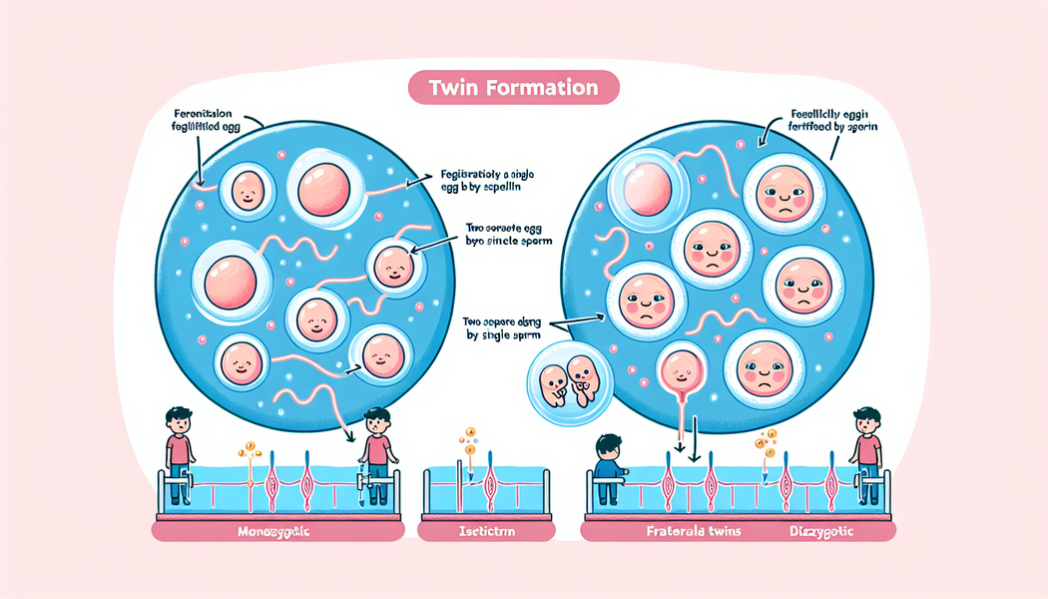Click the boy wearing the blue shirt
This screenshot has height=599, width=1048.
click(608, 461)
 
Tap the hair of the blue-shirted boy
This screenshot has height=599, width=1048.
click(608, 442)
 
